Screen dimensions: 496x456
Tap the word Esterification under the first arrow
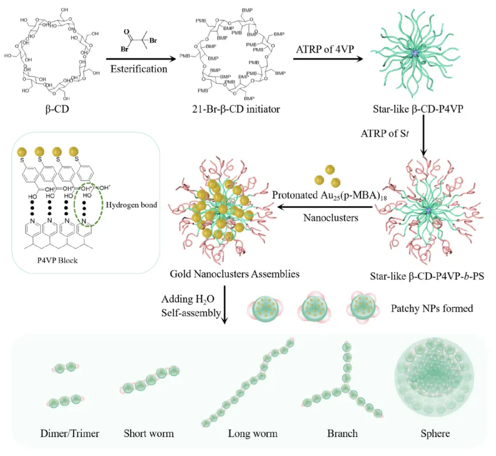coord(139,69)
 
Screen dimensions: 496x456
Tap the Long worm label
coord(253,433)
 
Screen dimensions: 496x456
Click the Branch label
coord(343,433)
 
